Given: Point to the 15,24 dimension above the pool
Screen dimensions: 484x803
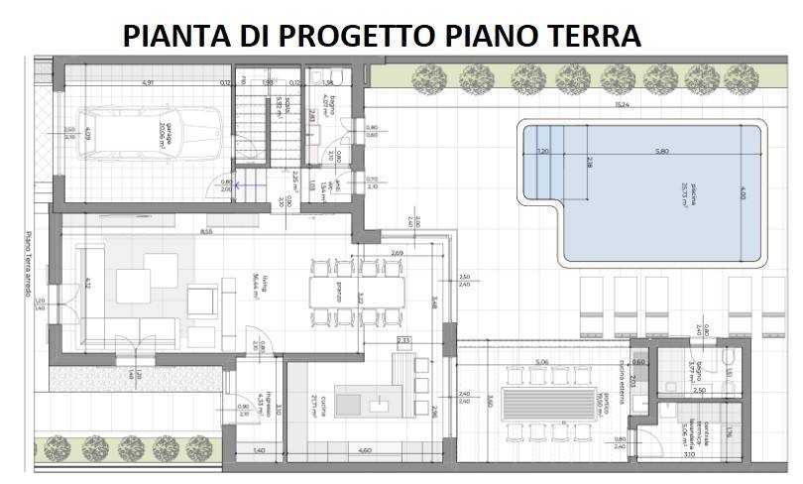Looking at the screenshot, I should point(622,103).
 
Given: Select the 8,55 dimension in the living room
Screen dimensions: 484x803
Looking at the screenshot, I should point(205,231).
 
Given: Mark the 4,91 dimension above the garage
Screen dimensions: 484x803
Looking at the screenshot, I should point(147,82).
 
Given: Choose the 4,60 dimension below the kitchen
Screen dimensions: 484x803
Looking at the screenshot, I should point(363,451).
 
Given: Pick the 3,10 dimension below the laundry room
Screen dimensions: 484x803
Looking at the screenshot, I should point(688,453).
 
